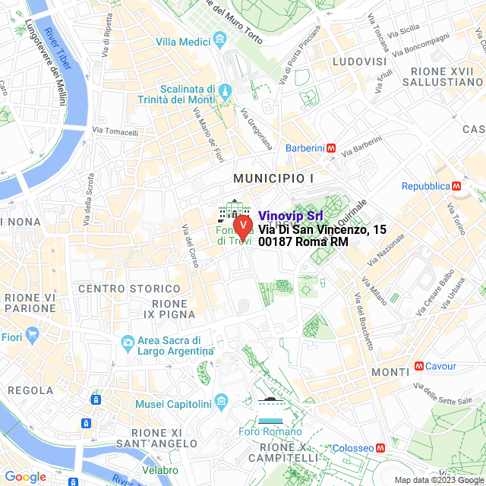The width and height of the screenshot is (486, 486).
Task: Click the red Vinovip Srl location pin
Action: [x=242, y=226]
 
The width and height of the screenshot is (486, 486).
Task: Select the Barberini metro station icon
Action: [x=331, y=149]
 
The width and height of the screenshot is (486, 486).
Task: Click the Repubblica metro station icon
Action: [x=456, y=185]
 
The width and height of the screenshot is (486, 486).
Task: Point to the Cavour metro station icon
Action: [x=418, y=366]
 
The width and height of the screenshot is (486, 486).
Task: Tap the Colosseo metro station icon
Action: [x=380, y=448]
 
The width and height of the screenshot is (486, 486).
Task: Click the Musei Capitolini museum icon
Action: [x=222, y=399]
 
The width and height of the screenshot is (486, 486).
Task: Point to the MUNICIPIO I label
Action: [x=273, y=178]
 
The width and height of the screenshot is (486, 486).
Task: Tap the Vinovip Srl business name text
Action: [x=291, y=216]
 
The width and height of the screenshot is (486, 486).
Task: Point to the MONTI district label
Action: [x=390, y=372]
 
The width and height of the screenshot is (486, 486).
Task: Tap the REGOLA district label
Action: [x=30, y=390]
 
